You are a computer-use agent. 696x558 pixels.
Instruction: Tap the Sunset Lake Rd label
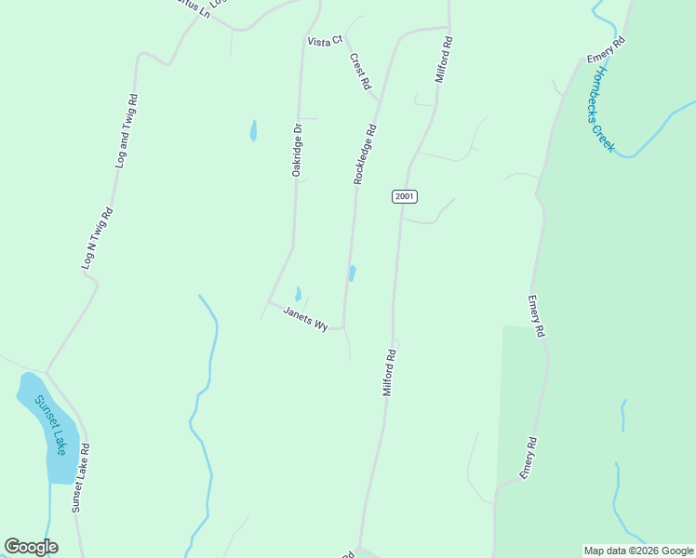(x=81, y=477)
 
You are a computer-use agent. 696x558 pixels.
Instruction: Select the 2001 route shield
(x=404, y=196)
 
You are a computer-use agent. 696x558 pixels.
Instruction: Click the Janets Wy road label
(x=305, y=319)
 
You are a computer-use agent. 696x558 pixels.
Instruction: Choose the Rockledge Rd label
(x=364, y=154)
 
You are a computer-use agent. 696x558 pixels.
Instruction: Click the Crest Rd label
(x=360, y=71)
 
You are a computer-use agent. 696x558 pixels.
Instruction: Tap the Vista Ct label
(x=325, y=41)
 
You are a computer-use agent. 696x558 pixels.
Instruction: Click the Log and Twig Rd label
(x=127, y=130)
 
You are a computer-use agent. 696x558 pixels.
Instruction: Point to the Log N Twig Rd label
(x=97, y=238)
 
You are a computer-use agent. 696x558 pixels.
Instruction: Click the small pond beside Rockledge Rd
(x=352, y=273)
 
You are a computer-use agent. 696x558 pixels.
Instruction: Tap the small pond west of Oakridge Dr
(x=253, y=131)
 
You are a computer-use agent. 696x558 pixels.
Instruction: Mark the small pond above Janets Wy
(x=298, y=294)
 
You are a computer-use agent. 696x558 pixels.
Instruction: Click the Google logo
(x=31, y=547)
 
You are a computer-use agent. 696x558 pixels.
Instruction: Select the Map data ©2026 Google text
(x=638, y=551)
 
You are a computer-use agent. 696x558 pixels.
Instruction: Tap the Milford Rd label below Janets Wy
(x=391, y=372)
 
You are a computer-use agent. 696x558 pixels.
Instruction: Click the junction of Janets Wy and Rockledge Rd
(x=343, y=327)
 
